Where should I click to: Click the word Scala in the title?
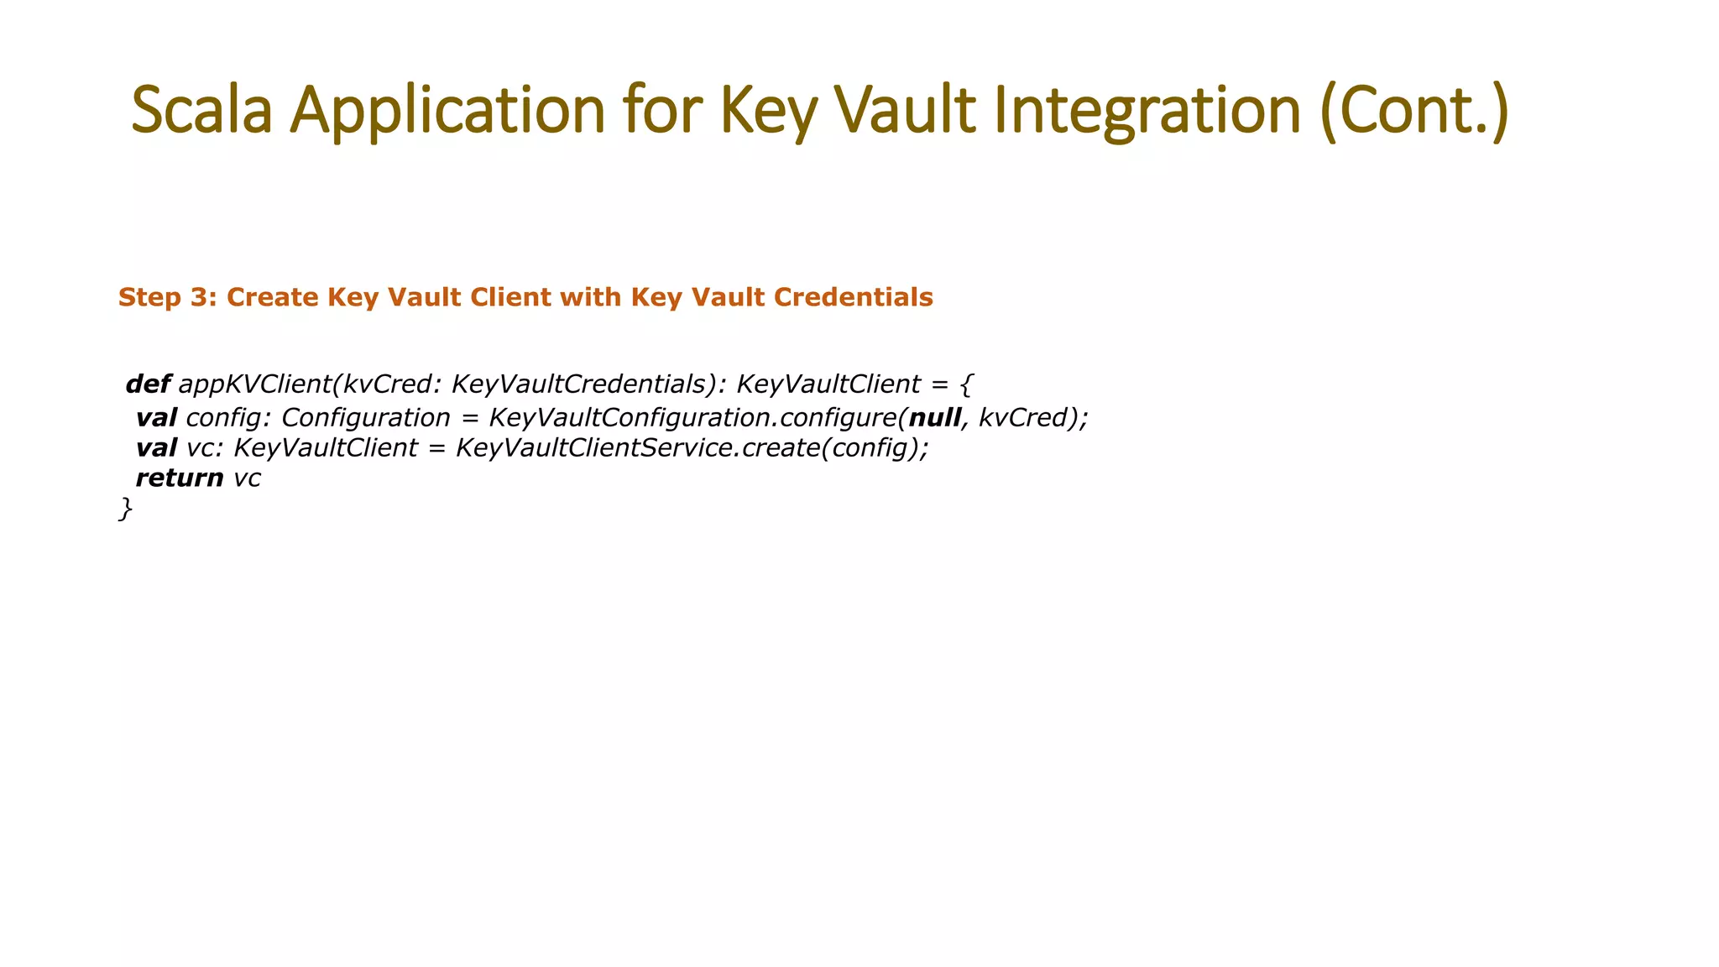pos(202,110)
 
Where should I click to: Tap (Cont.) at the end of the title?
pos(1414,110)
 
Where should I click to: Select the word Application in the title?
pos(447,110)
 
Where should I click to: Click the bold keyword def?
pos(148,384)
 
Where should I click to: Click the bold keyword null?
pos(934,417)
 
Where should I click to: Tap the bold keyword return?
pos(179,478)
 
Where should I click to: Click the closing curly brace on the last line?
pos(125,509)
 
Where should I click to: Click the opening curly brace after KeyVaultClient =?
pos(965,384)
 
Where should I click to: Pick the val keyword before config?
pos(156,417)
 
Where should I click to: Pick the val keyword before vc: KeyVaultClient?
pos(156,447)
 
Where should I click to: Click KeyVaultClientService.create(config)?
pos(692,447)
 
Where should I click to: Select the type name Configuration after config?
pos(365,417)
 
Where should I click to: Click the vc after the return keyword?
pos(247,478)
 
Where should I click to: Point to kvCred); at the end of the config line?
pos(1032,417)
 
